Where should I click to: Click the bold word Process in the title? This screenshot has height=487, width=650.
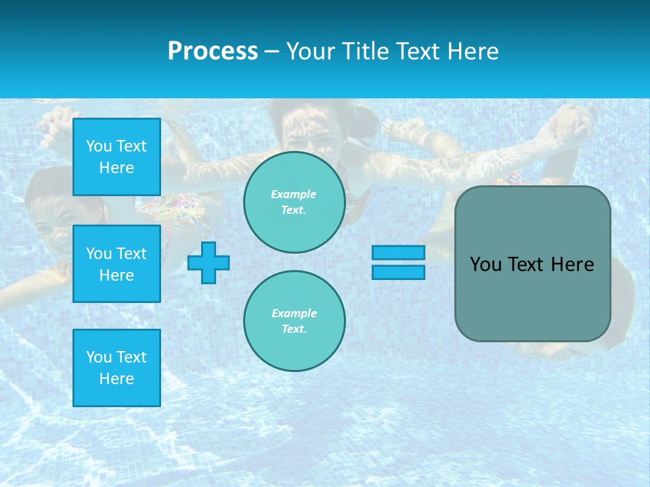pyautogui.click(x=213, y=51)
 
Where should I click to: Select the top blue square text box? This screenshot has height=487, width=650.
pyautogui.click(x=116, y=157)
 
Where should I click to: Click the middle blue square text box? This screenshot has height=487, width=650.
pyautogui.click(x=116, y=264)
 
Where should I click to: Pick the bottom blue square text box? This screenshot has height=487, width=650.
pyautogui.click(x=116, y=367)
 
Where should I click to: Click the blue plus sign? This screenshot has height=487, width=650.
pyautogui.click(x=209, y=262)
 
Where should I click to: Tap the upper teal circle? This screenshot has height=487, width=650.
pyautogui.click(x=294, y=202)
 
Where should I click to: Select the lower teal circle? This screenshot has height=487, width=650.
pyautogui.click(x=294, y=321)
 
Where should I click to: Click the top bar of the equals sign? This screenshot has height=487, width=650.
pyautogui.click(x=398, y=252)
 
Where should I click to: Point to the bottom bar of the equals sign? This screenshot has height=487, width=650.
pyautogui.click(x=398, y=272)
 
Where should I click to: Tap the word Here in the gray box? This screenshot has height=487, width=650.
pyautogui.click(x=572, y=264)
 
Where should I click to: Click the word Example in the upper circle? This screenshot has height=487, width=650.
pyautogui.click(x=294, y=194)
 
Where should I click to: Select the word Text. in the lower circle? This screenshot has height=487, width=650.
pyautogui.click(x=294, y=329)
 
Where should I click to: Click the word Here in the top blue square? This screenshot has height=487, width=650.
pyautogui.click(x=116, y=168)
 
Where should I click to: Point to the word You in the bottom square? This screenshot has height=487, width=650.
pyautogui.click(x=99, y=357)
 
